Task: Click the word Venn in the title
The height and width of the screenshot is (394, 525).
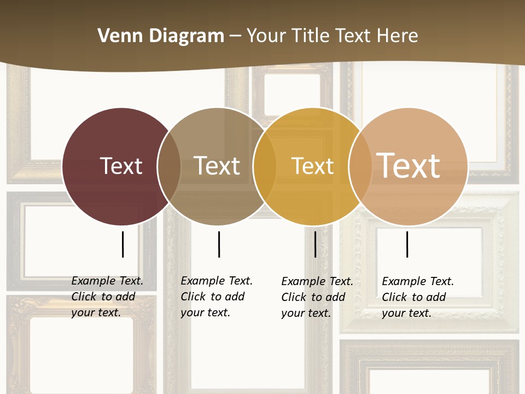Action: point(117,36)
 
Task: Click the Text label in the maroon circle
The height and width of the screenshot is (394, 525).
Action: point(121,166)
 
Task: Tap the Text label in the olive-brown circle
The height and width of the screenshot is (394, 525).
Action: point(217,166)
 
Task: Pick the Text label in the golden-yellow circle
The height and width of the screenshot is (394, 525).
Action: point(312,166)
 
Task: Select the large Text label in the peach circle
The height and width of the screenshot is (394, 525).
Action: point(409,165)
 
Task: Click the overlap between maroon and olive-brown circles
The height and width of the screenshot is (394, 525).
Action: point(169,166)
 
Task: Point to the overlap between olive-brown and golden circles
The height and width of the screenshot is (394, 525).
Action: point(265,166)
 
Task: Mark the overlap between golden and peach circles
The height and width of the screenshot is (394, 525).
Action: point(359,166)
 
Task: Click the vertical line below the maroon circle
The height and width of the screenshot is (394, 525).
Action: point(122,244)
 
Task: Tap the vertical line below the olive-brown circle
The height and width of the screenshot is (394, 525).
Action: point(219,244)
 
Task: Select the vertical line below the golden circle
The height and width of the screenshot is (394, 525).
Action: point(315,244)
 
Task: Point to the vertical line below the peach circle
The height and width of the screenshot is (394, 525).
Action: point(407,244)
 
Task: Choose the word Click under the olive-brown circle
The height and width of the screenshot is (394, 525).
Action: point(193,297)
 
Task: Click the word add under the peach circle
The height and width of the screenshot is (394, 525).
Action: point(435,297)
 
